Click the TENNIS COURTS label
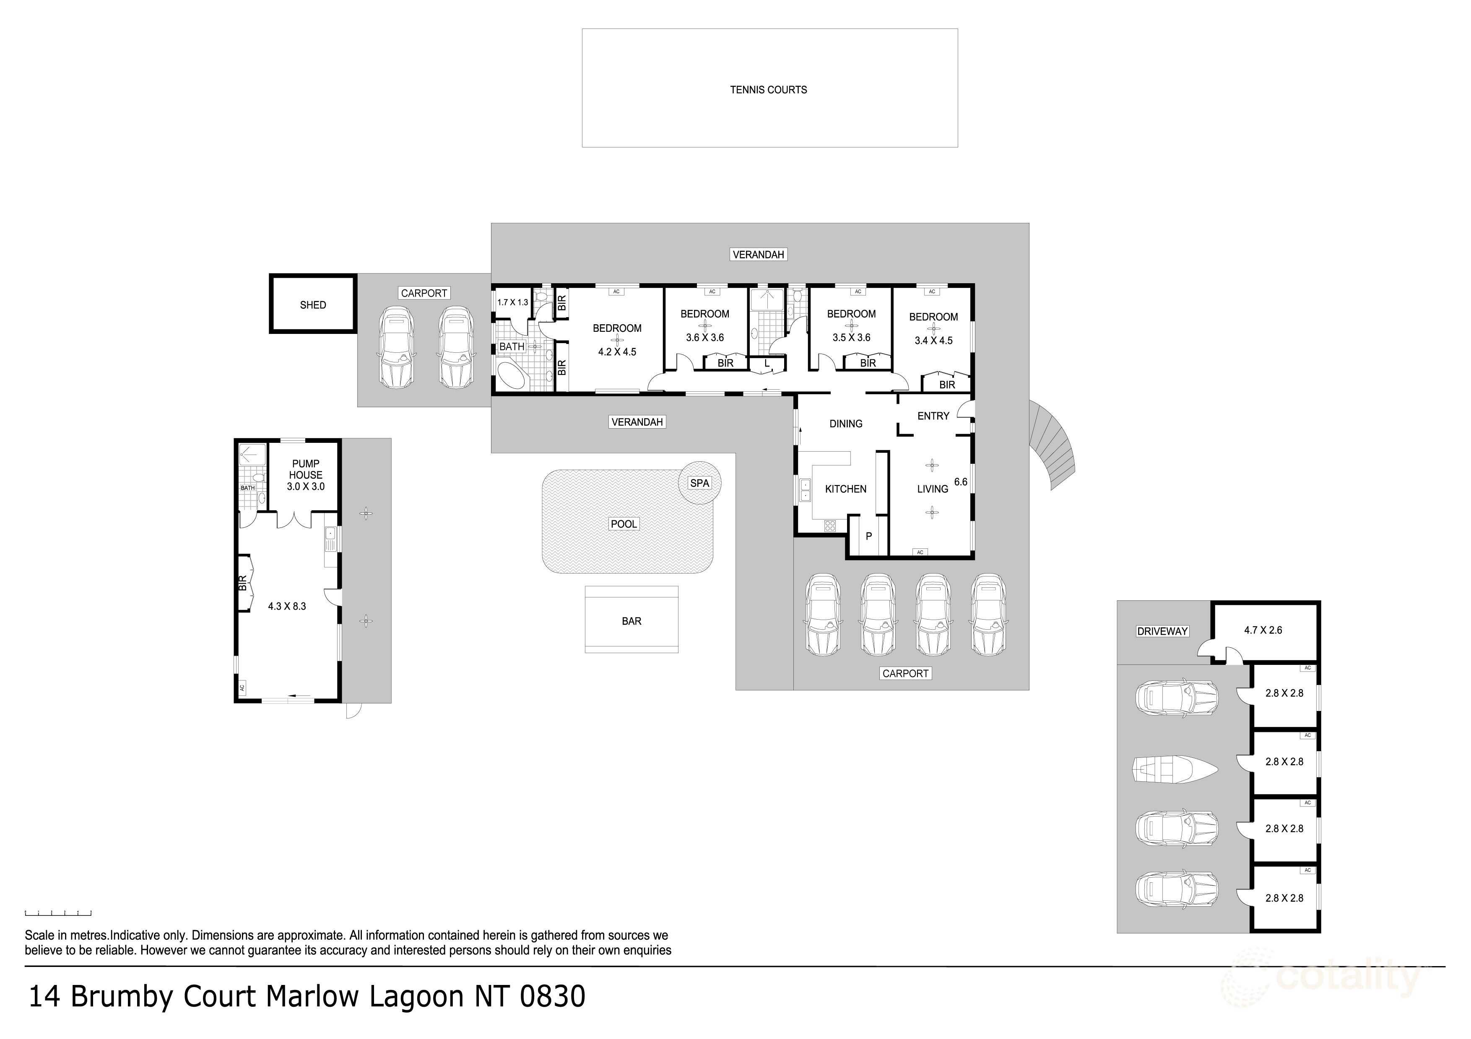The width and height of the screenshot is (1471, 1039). point(768,90)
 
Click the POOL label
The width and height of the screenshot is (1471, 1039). point(624,524)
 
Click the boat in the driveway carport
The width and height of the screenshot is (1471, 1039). point(1175,768)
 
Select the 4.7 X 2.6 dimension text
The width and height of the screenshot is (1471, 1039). point(1263,631)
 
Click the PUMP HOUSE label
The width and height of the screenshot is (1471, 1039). point(306,469)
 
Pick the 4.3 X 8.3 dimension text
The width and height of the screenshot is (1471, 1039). point(286,606)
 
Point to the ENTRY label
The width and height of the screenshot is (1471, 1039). point(933,416)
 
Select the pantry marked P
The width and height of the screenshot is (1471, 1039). point(869,536)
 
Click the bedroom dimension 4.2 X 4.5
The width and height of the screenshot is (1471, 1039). point(617,352)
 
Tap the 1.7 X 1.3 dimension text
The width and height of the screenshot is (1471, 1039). point(512,302)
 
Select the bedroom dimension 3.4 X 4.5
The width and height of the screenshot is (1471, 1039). point(933,341)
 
